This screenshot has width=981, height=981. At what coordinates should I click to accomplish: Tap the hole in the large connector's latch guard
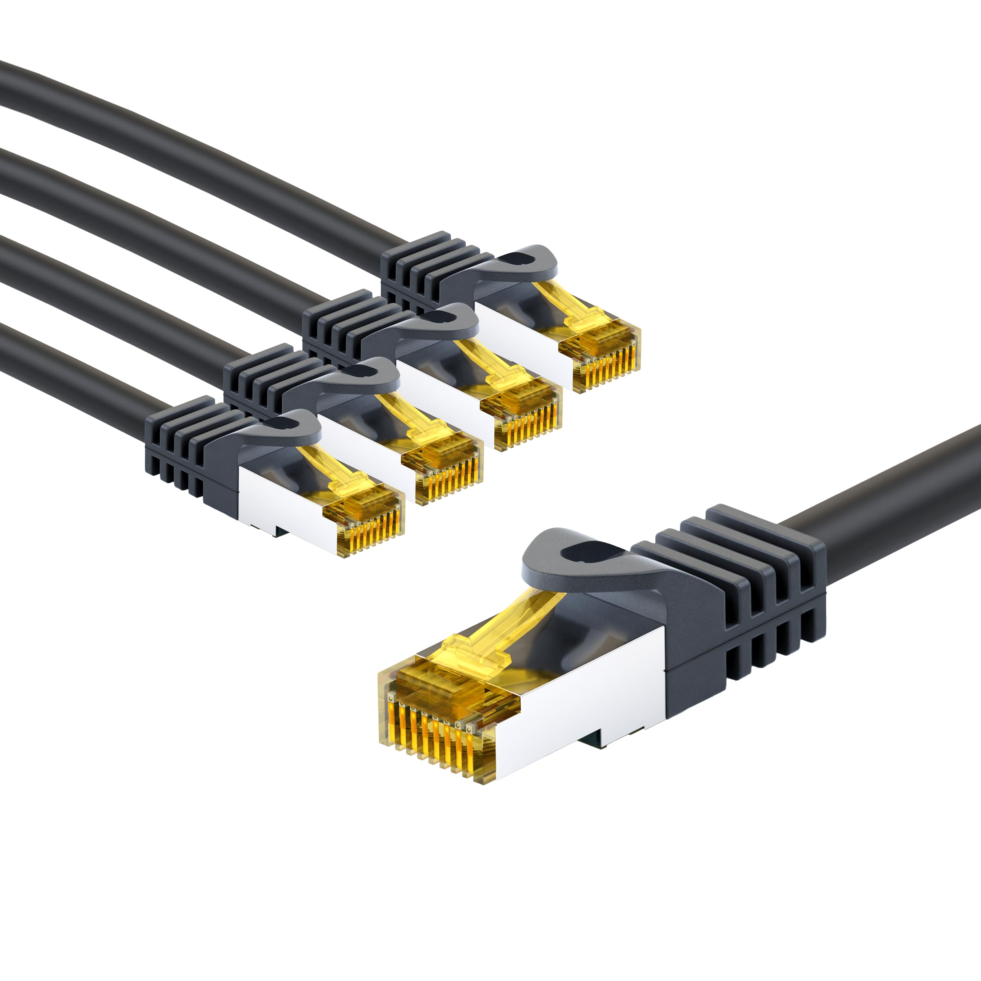pyautogui.click(x=594, y=554)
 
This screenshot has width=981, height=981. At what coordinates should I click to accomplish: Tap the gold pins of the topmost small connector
pyautogui.click(x=607, y=368)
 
